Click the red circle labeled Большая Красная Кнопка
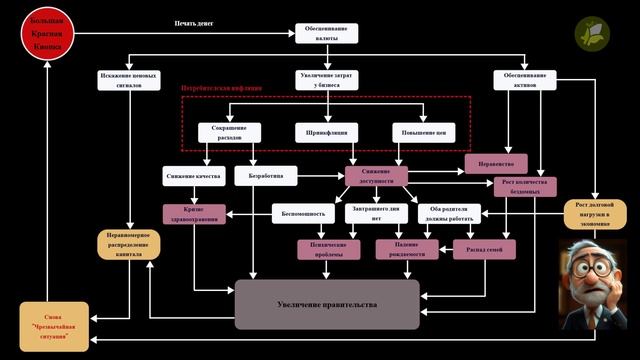point(47,33)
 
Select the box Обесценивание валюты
point(327,33)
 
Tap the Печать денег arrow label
point(194,22)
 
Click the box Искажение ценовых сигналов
point(130,80)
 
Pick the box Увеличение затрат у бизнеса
point(327,80)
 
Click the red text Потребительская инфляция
point(222,88)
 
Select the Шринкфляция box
point(327,133)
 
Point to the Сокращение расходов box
point(229,133)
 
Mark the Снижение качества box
point(194,176)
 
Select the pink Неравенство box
point(496,163)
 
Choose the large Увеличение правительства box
point(327,304)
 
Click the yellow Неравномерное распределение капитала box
point(129,245)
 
